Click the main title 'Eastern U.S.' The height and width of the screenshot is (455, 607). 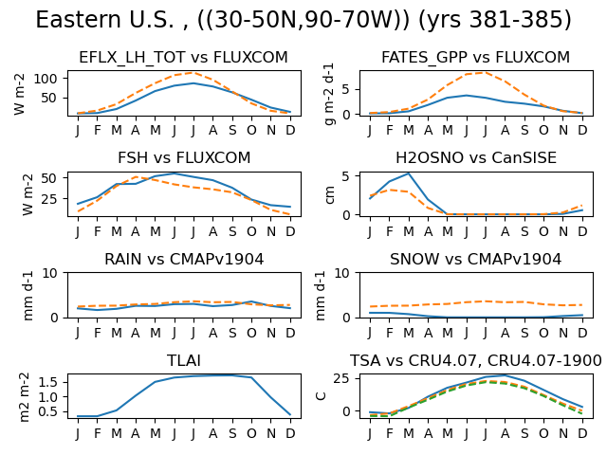(x=104, y=20)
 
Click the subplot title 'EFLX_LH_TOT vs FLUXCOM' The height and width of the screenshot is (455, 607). (x=183, y=57)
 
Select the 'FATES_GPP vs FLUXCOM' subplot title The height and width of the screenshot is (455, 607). (x=476, y=57)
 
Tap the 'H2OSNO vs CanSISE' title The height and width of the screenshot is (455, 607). (x=476, y=158)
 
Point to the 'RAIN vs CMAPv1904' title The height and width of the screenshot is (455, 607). (x=184, y=259)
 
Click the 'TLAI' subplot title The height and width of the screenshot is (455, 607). (x=184, y=360)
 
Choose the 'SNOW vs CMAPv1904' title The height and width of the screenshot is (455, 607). (x=476, y=259)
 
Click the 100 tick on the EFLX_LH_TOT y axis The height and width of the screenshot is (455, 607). (x=46, y=79)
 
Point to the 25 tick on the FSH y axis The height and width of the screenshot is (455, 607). (x=49, y=199)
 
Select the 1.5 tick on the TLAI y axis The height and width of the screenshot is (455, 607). (x=47, y=382)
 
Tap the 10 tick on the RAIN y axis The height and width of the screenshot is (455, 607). (x=49, y=273)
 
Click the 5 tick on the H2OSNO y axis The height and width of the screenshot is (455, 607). (x=345, y=176)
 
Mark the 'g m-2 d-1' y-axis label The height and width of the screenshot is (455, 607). (x=329, y=94)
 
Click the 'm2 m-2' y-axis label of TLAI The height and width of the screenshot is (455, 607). (x=24, y=397)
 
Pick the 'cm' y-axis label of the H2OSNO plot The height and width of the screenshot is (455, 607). (x=330, y=194)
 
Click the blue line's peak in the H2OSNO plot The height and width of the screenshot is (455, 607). (x=409, y=173)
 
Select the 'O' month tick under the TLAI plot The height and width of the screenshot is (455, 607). (x=251, y=434)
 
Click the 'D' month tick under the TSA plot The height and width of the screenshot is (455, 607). (x=582, y=434)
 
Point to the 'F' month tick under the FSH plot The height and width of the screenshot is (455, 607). (x=97, y=231)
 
